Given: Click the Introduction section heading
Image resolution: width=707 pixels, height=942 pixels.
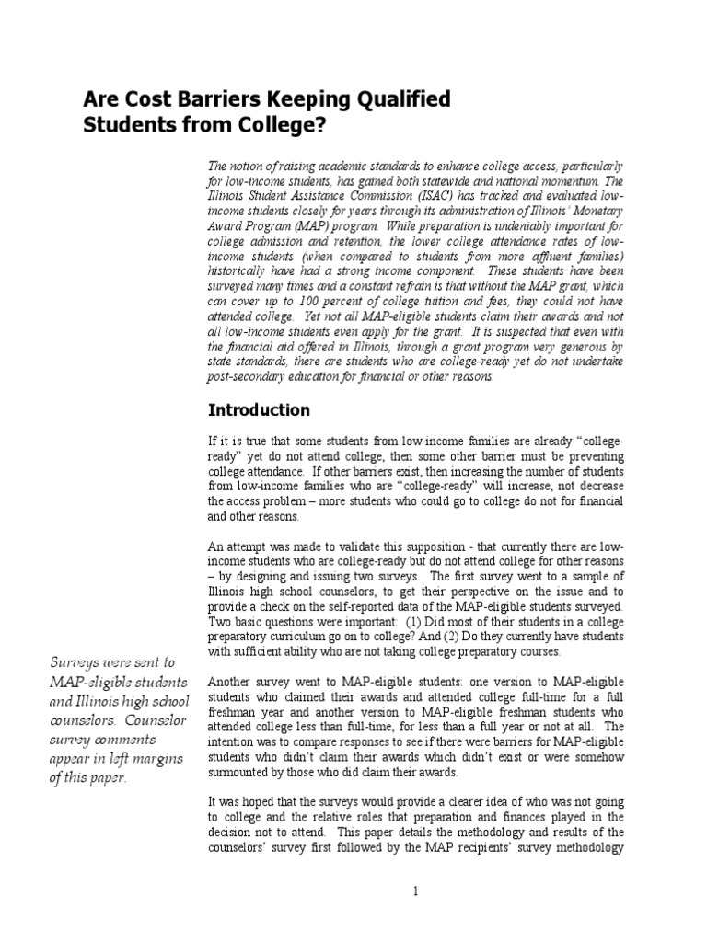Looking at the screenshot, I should click(x=259, y=409).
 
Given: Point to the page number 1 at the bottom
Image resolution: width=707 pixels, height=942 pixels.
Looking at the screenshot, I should click(x=415, y=890).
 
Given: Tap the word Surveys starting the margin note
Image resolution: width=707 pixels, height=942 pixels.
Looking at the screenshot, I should click(x=76, y=661).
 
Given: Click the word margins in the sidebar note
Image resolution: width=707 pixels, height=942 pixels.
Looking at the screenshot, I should click(x=155, y=757).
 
